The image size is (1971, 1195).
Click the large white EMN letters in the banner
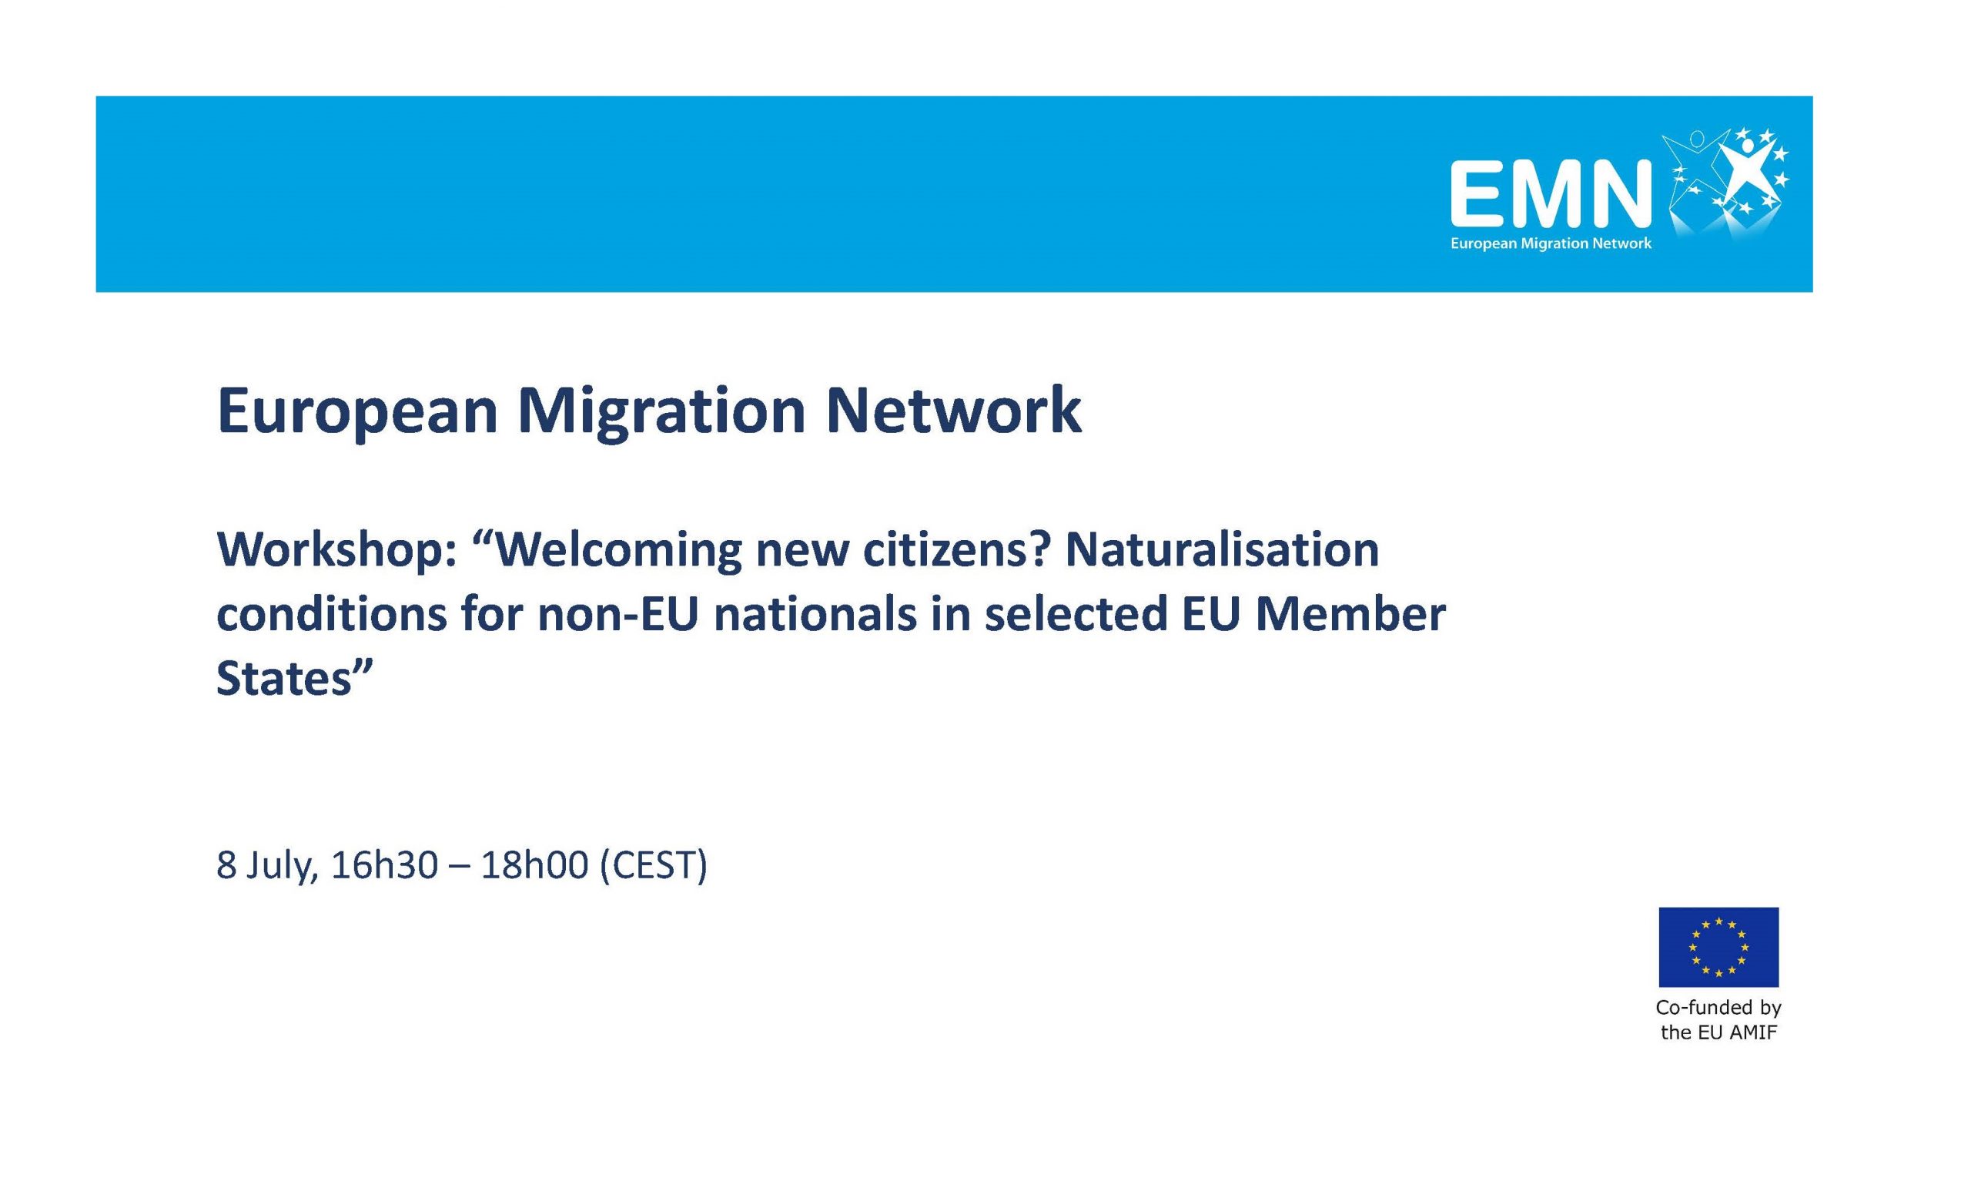pyautogui.click(x=1551, y=193)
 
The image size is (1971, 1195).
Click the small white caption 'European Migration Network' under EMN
pyautogui.click(x=1551, y=243)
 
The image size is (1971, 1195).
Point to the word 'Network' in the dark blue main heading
pyautogui.click(x=952, y=411)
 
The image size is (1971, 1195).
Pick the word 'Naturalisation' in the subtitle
pyautogui.click(x=1223, y=550)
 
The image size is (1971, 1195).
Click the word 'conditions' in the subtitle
pyautogui.click(x=330, y=615)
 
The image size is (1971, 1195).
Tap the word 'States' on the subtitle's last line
pyautogui.click(x=285, y=679)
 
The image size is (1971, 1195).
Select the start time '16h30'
pyautogui.click(x=384, y=864)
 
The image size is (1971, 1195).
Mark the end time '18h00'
pyautogui.click(x=534, y=864)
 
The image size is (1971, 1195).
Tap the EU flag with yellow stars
pyautogui.click(x=1718, y=947)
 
